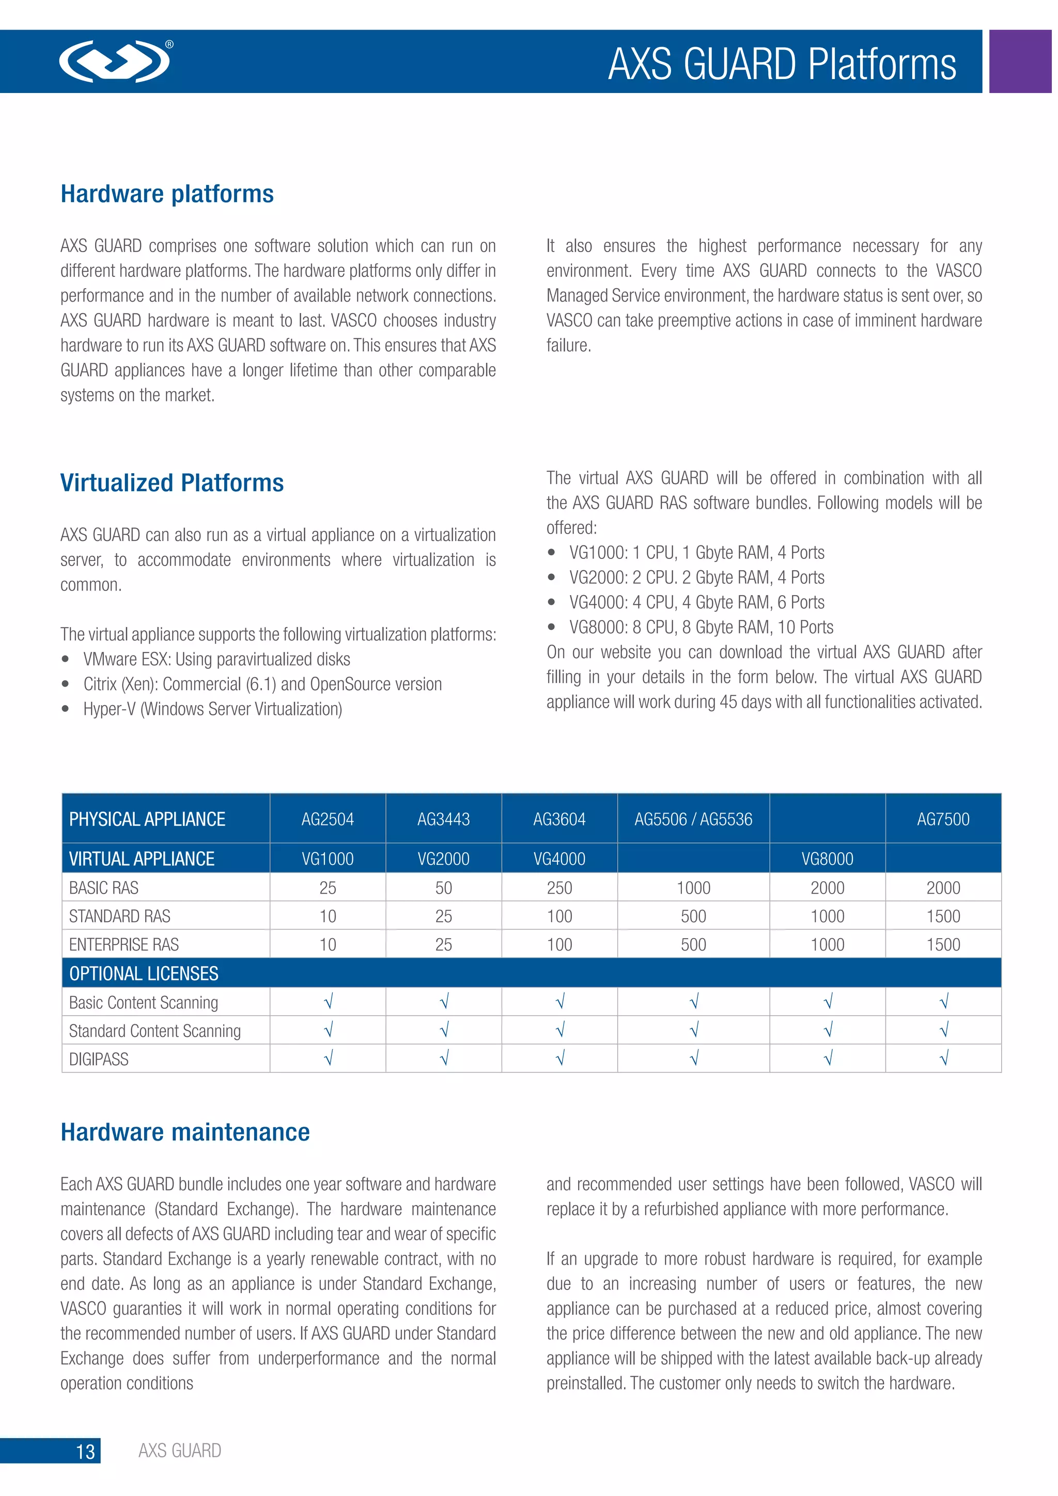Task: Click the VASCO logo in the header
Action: (115, 61)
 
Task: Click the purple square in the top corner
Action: (1020, 61)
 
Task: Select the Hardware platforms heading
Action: (167, 194)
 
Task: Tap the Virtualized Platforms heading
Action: (172, 483)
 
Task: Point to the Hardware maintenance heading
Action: (185, 1132)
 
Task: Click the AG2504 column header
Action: (328, 819)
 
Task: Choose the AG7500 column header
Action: (943, 819)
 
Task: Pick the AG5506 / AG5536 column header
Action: (693, 819)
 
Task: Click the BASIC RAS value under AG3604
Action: (559, 887)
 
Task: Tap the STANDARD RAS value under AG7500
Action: (943, 916)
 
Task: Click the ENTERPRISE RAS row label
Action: (124, 944)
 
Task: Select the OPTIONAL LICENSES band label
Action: (144, 973)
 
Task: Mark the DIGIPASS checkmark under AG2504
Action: (328, 1059)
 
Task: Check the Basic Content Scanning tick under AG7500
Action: (943, 1002)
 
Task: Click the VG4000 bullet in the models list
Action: (696, 602)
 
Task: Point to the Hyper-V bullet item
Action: (212, 709)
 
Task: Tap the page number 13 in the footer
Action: (85, 1452)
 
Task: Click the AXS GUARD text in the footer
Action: (180, 1451)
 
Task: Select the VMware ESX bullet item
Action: (216, 659)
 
